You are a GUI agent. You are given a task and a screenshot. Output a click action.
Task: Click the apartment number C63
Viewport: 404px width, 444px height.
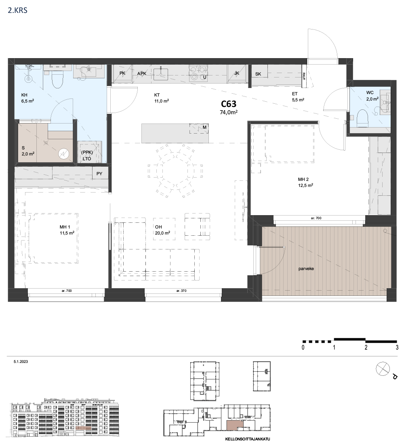tap(229, 104)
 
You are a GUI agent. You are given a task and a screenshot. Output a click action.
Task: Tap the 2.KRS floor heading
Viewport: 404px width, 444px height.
tap(18, 11)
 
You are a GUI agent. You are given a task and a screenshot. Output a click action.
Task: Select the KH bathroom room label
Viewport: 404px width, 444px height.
tap(24, 95)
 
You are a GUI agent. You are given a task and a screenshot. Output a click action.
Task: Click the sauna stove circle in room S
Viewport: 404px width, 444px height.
tap(64, 154)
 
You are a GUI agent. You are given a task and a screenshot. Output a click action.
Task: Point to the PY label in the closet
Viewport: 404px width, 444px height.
tap(99, 174)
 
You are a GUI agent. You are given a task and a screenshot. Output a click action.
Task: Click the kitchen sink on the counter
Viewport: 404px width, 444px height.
tap(161, 73)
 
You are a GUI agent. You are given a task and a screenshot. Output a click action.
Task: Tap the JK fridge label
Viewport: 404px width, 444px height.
tap(237, 73)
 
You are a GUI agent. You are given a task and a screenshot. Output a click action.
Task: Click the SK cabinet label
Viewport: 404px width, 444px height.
tap(258, 74)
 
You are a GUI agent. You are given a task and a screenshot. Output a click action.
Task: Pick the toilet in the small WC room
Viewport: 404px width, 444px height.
tap(362, 118)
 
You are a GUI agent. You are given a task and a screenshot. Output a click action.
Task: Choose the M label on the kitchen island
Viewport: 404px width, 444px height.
tap(204, 128)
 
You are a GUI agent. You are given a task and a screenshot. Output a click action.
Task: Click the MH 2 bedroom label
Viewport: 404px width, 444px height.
tap(303, 180)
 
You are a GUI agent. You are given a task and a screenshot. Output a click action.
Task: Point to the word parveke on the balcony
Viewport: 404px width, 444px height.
tap(306, 269)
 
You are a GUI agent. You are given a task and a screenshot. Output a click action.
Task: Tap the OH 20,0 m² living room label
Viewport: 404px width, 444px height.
tap(162, 230)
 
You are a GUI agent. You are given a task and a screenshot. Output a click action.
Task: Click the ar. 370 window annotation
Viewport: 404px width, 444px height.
tap(181, 291)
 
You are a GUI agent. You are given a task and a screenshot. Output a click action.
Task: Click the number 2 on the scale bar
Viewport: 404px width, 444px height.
tap(366, 347)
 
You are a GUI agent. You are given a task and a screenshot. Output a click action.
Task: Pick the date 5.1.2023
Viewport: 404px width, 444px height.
tap(21, 362)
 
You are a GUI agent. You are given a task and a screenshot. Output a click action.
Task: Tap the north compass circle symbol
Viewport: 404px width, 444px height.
tap(383, 369)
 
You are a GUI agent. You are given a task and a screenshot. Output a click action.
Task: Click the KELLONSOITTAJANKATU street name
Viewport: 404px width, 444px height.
tap(248, 439)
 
